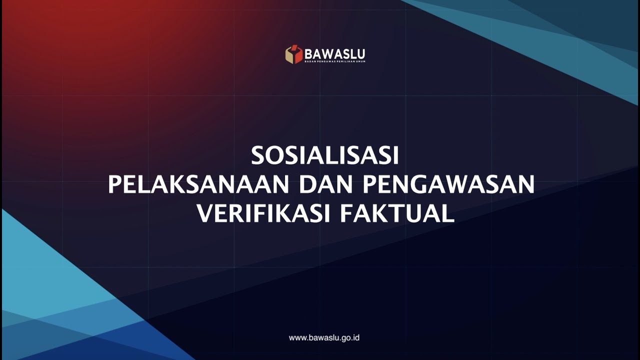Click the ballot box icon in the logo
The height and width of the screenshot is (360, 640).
[x=294, y=54]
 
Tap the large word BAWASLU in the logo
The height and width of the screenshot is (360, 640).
[x=334, y=53]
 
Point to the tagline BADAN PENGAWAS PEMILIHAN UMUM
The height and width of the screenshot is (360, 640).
[x=334, y=61]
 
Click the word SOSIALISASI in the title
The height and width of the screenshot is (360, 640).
[x=324, y=156]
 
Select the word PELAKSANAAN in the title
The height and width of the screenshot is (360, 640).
[x=198, y=185]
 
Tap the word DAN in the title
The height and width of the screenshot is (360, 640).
[x=325, y=185]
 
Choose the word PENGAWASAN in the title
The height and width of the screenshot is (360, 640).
[x=448, y=185]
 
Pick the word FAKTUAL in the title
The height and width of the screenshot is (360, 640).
[x=397, y=214]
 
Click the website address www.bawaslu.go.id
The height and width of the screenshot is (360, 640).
[x=324, y=338]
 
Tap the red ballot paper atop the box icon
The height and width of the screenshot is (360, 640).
[x=295, y=49]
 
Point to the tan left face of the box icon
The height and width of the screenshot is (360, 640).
[x=289, y=56]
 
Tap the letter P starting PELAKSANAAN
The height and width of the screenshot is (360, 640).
[x=115, y=185]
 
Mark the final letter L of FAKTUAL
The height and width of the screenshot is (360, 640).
[x=448, y=214]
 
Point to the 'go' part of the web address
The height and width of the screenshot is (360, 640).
[x=347, y=338]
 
